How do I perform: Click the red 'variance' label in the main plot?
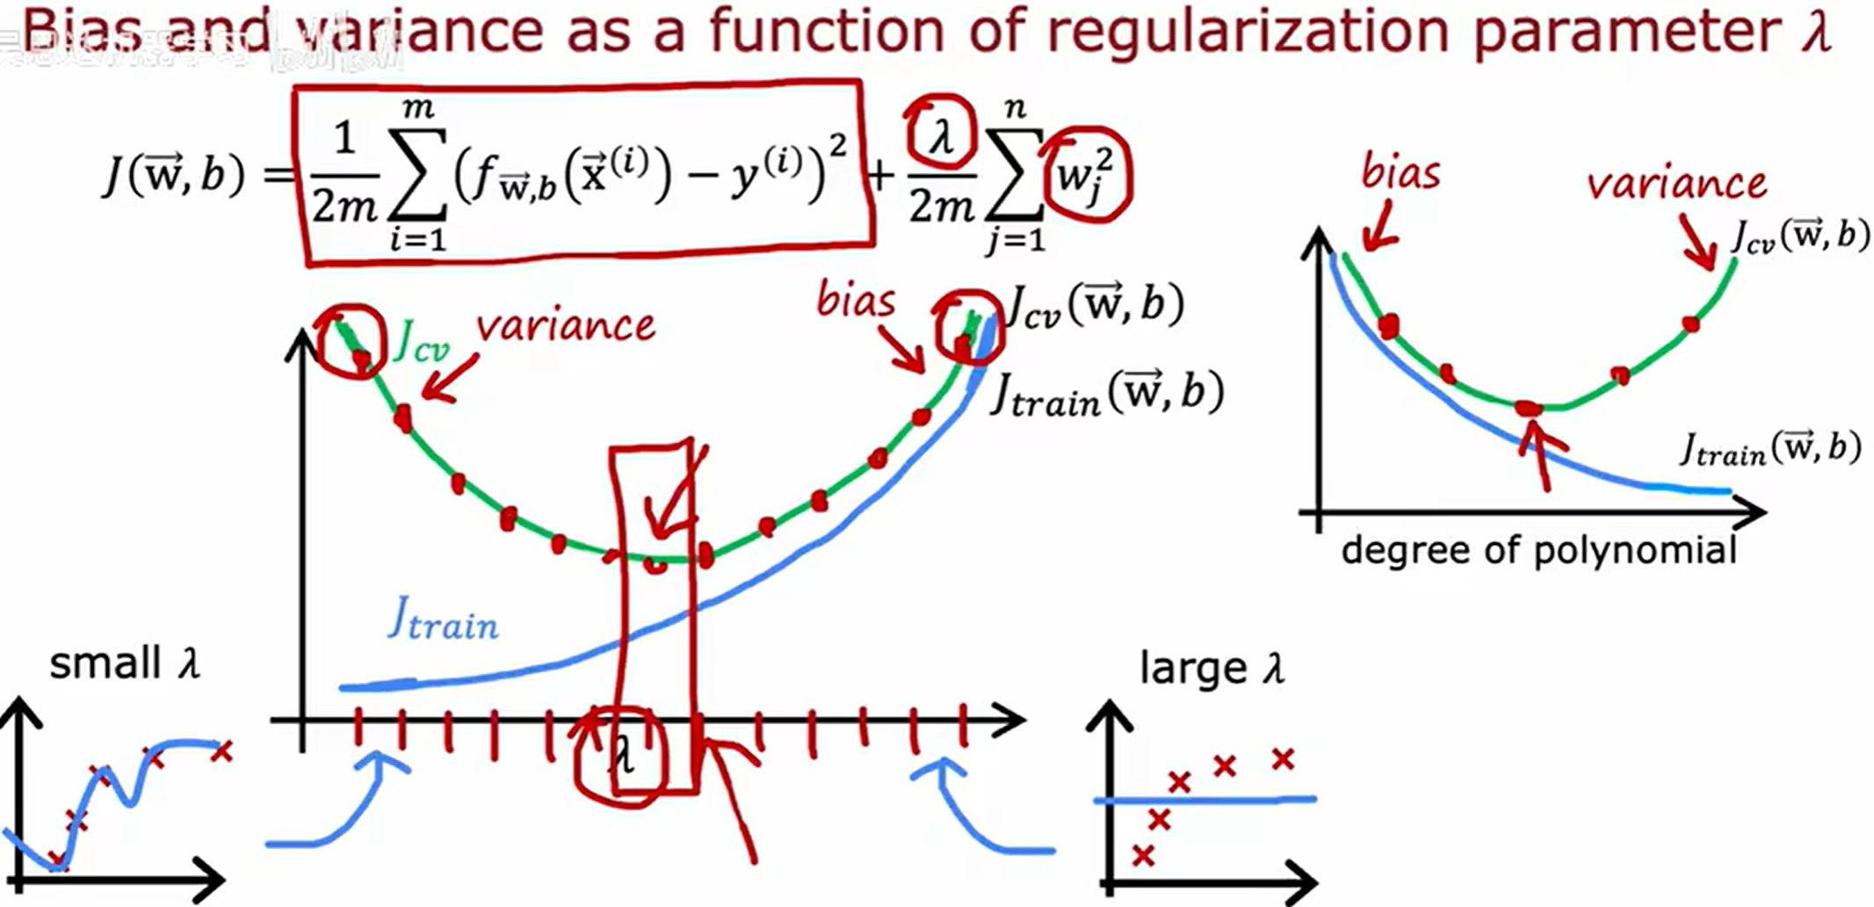coord(566,326)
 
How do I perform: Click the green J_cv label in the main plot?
coord(422,343)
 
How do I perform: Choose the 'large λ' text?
coord(1212,669)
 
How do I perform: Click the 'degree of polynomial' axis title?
coord(1538,551)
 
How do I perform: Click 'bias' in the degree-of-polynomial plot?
coord(1400,172)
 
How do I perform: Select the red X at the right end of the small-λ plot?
coord(221,751)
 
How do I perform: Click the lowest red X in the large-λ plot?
coord(1142,855)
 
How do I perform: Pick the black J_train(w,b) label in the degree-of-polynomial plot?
coord(1770,449)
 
